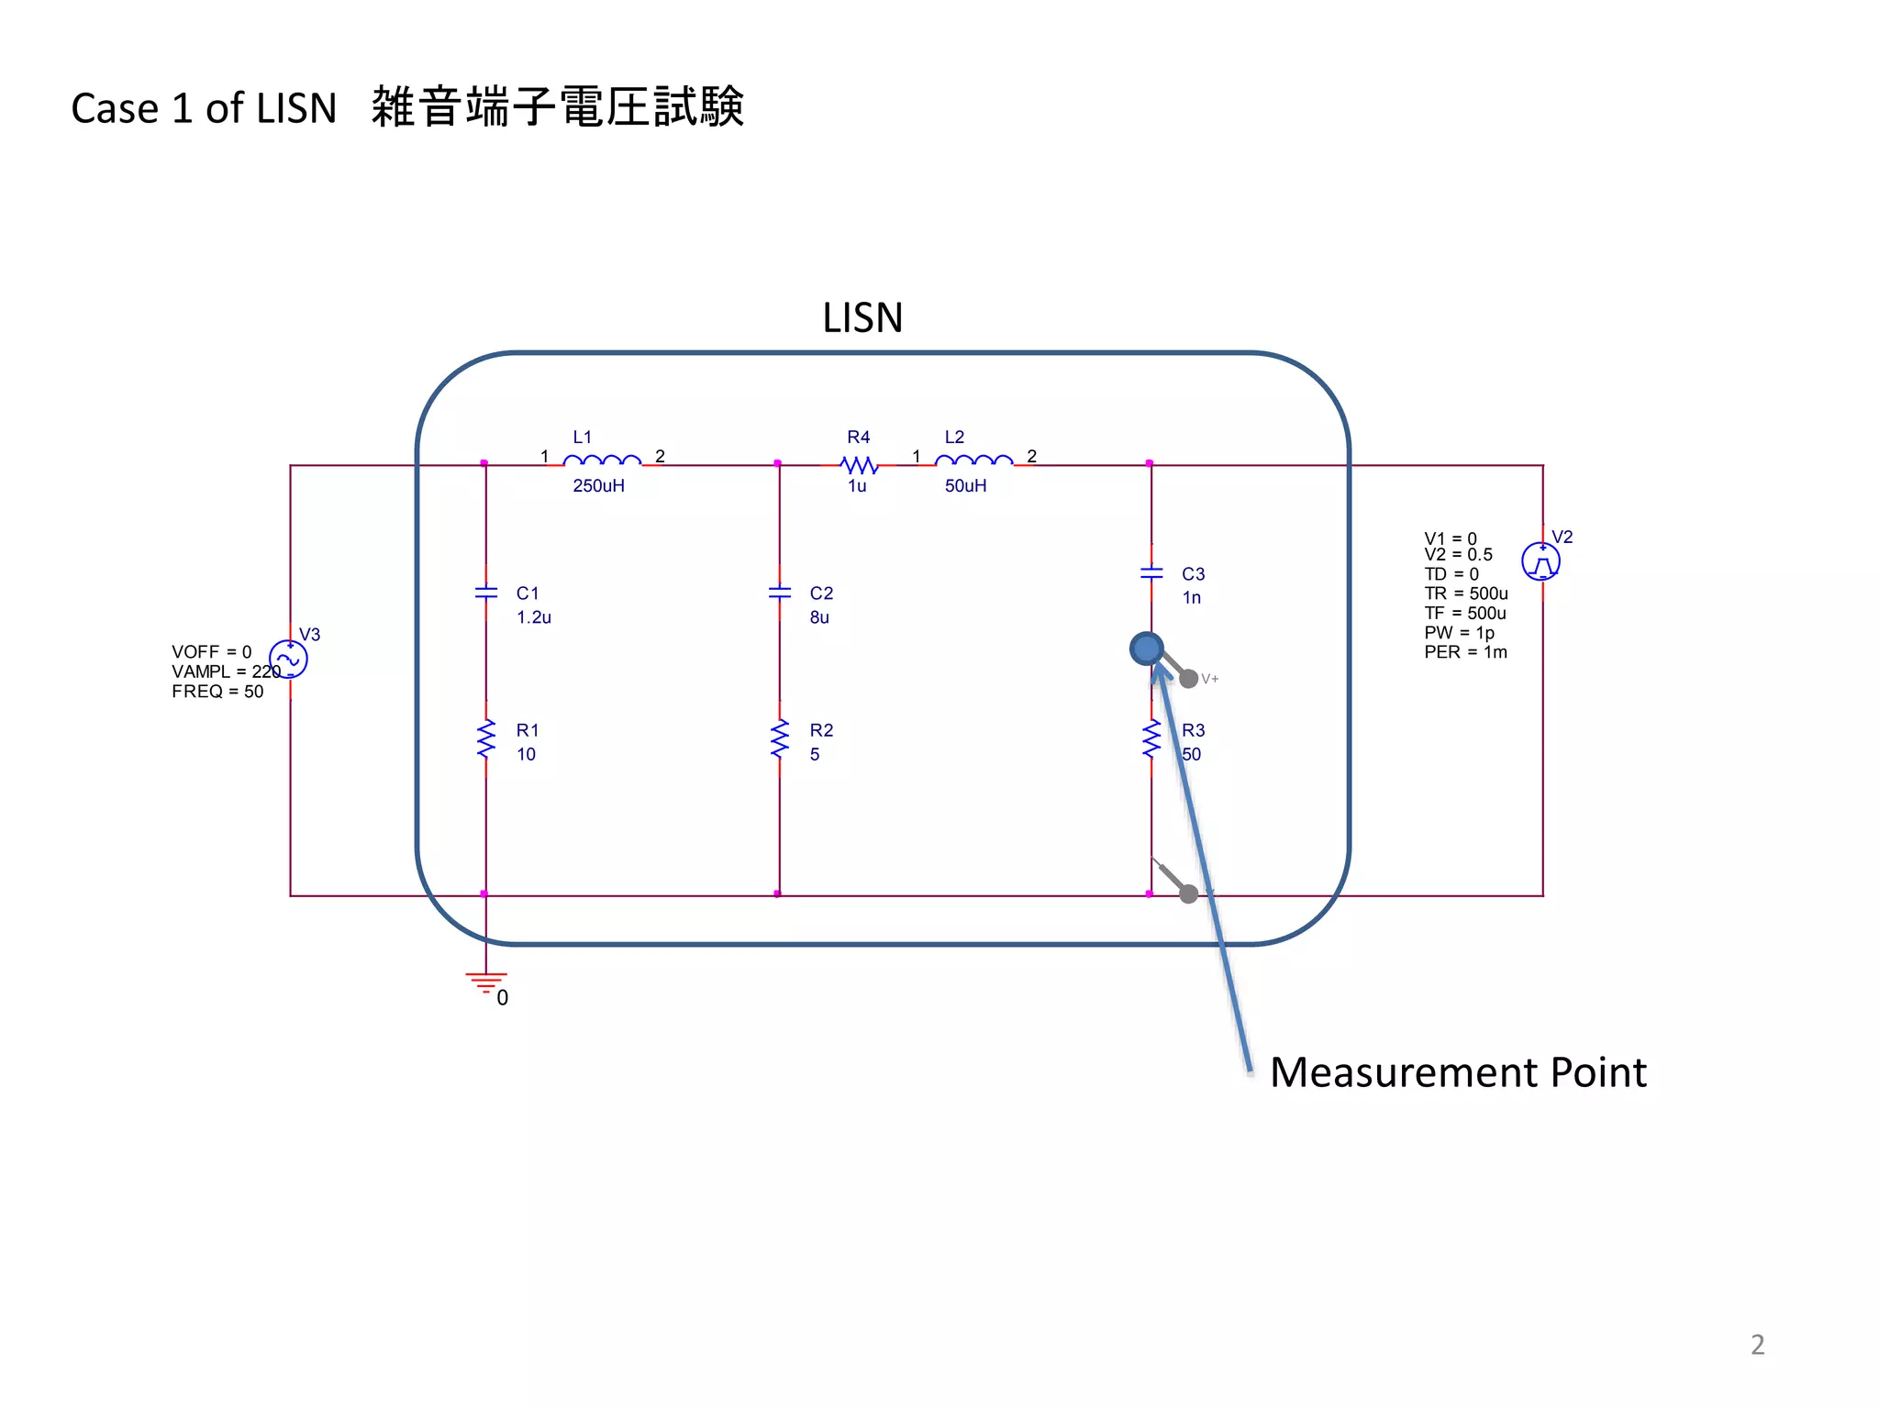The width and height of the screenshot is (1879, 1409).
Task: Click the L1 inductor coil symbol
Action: pos(602,460)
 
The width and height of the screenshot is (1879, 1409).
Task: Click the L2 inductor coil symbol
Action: pos(973,460)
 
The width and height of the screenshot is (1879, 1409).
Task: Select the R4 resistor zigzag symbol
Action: pos(860,465)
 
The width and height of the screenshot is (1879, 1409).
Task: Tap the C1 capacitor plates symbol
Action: pos(486,593)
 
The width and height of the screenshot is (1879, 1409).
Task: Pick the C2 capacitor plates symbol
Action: pos(780,593)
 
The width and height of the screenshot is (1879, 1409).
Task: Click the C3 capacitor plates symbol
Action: pos(1151,573)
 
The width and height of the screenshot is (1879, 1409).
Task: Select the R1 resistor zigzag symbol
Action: pos(486,739)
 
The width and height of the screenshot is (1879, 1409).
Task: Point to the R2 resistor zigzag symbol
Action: pos(780,739)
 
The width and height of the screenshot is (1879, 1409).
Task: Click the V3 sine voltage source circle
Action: pos(288,659)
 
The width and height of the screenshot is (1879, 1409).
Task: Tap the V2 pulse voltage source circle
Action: pos(1541,561)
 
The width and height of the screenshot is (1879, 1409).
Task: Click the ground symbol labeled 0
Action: pos(486,982)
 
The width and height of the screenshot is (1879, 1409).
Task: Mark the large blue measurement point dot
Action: pos(1147,649)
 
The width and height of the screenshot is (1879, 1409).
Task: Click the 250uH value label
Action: pos(598,486)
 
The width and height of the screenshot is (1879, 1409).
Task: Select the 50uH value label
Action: pos(965,486)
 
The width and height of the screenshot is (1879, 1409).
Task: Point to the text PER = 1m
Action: pos(1465,652)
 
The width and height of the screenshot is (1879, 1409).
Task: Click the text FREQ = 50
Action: pos(217,692)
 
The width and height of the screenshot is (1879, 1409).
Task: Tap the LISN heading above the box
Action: pos(862,318)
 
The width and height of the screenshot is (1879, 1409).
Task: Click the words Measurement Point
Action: pos(1458,1072)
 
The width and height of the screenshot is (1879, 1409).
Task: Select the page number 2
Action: pos(1757,1345)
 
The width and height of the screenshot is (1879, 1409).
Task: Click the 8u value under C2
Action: pos(819,617)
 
